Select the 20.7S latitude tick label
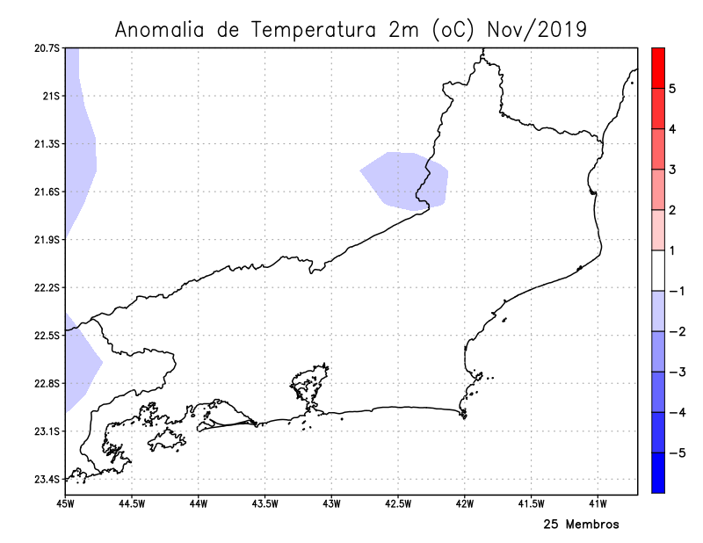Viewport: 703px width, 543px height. coord(45,47)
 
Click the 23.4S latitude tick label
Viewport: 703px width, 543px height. coord(45,480)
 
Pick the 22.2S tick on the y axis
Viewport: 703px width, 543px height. coord(45,288)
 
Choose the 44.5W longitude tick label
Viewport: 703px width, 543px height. coord(130,503)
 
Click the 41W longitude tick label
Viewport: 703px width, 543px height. coord(598,503)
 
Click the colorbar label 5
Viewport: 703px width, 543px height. coord(671,89)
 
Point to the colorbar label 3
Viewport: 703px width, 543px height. coord(671,170)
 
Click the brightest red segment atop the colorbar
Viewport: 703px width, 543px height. coord(657,68)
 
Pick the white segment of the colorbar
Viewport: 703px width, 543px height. coord(657,271)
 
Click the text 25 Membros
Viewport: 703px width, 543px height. coord(581,525)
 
